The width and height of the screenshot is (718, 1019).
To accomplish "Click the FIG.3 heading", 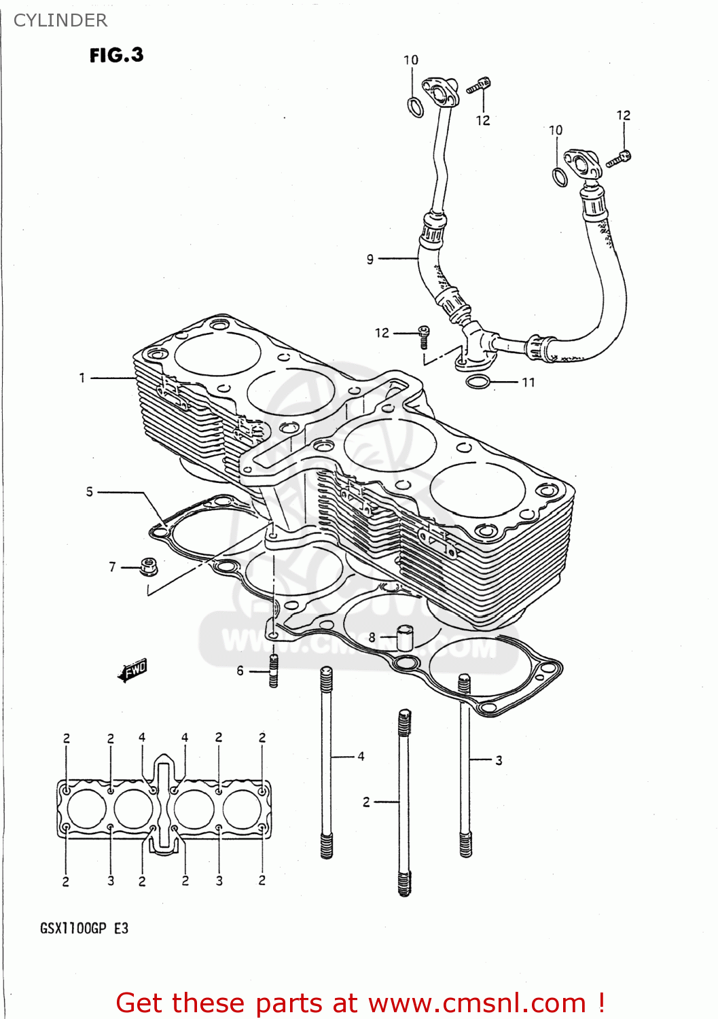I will click(x=116, y=55).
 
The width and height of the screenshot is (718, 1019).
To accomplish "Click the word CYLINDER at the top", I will click(x=60, y=20).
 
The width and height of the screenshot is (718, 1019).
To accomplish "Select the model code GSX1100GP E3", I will click(x=84, y=928).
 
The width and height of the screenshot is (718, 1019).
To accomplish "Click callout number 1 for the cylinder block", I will click(x=82, y=378).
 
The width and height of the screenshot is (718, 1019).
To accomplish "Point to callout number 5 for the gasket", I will click(x=90, y=491).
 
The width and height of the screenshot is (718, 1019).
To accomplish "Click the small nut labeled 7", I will click(x=149, y=566).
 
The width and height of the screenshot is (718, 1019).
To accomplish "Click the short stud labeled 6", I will click(x=274, y=671).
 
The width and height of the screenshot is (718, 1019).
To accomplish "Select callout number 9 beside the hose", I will click(x=370, y=259).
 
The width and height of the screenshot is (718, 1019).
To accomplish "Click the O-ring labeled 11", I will click(x=478, y=382).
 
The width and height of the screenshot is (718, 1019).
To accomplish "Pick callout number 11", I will click(x=528, y=382).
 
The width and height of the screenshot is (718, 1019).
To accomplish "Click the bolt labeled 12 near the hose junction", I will click(x=423, y=336).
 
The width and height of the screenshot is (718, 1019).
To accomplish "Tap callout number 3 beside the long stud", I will click(x=499, y=760).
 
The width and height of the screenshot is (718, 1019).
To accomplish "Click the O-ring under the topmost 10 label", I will click(x=415, y=107).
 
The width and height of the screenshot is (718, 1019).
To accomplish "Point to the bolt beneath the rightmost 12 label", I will click(x=620, y=159).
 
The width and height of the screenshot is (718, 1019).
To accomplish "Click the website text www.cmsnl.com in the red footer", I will click(x=477, y=1003).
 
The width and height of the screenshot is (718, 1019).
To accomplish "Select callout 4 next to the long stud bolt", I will click(x=361, y=755).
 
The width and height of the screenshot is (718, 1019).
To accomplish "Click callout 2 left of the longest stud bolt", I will click(x=366, y=802).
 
